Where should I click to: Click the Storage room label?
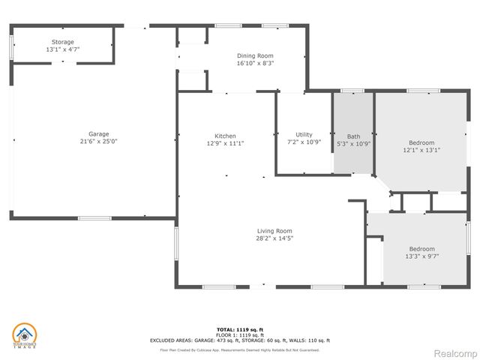pos(63,41)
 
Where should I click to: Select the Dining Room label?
pos(255,55)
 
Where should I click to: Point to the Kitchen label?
pos(225,135)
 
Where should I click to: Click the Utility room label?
pos(304,134)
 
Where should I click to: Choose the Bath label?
pos(353,136)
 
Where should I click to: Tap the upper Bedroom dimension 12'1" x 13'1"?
pos(421,149)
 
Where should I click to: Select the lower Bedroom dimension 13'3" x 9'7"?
pos(421,256)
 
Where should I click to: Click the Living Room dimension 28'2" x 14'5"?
pos(274,238)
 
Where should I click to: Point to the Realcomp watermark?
pos(455,352)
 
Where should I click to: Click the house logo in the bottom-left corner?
pos(25,335)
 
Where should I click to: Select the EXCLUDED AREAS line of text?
pos(240,340)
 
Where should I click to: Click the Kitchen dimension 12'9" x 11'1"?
pos(225,142)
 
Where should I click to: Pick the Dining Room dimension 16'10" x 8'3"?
pos(255,64)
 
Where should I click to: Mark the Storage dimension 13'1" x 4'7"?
pos(63,49)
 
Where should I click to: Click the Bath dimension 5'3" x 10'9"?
pos(353,144)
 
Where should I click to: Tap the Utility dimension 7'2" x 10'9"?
pos(304,142)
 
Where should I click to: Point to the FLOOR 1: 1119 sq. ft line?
pos(240,334)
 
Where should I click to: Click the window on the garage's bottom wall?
pos(94,218)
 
